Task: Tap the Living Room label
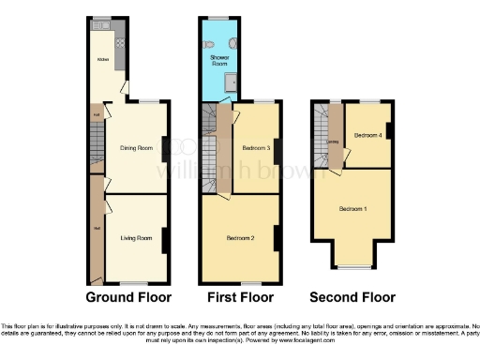[136, 238]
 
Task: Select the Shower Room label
[218, 60]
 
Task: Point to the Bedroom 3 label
[256, 148]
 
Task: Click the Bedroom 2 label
[240, 238]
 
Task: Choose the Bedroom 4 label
[367, 135]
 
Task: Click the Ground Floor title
[128, 298]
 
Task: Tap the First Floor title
[241, 298]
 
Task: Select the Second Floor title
[353, 298]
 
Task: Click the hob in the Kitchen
[119, 42]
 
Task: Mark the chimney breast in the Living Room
[166, 240]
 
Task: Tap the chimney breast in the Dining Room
[166, 148]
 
